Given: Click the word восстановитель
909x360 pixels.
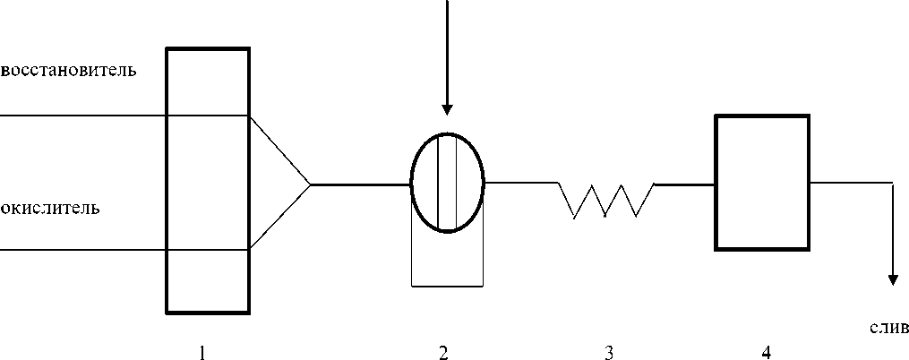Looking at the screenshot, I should tap(69, 70).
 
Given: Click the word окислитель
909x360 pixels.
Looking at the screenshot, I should tap(50, 209).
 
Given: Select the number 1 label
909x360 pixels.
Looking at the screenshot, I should tap(202, 353).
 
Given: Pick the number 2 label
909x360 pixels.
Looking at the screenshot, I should tap(442, 353).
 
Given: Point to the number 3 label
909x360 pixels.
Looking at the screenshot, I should tap(609, 353).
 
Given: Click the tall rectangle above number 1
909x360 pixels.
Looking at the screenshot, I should tap(208, 180).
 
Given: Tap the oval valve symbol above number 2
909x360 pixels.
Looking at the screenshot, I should tap(447, 183).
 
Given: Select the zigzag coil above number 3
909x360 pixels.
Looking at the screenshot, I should tap(606, 199).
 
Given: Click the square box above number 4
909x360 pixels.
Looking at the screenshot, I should tap(762, 183).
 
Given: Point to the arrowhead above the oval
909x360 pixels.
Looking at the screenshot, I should tap(447, 107).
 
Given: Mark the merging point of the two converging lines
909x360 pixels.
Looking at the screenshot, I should tap(310, 184).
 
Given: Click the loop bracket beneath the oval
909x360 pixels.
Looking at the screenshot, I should tap(447, 286).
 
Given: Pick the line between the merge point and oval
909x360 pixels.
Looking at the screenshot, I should tap(360, 184).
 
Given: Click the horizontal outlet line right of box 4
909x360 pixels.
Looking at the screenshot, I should tap(851, 183).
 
